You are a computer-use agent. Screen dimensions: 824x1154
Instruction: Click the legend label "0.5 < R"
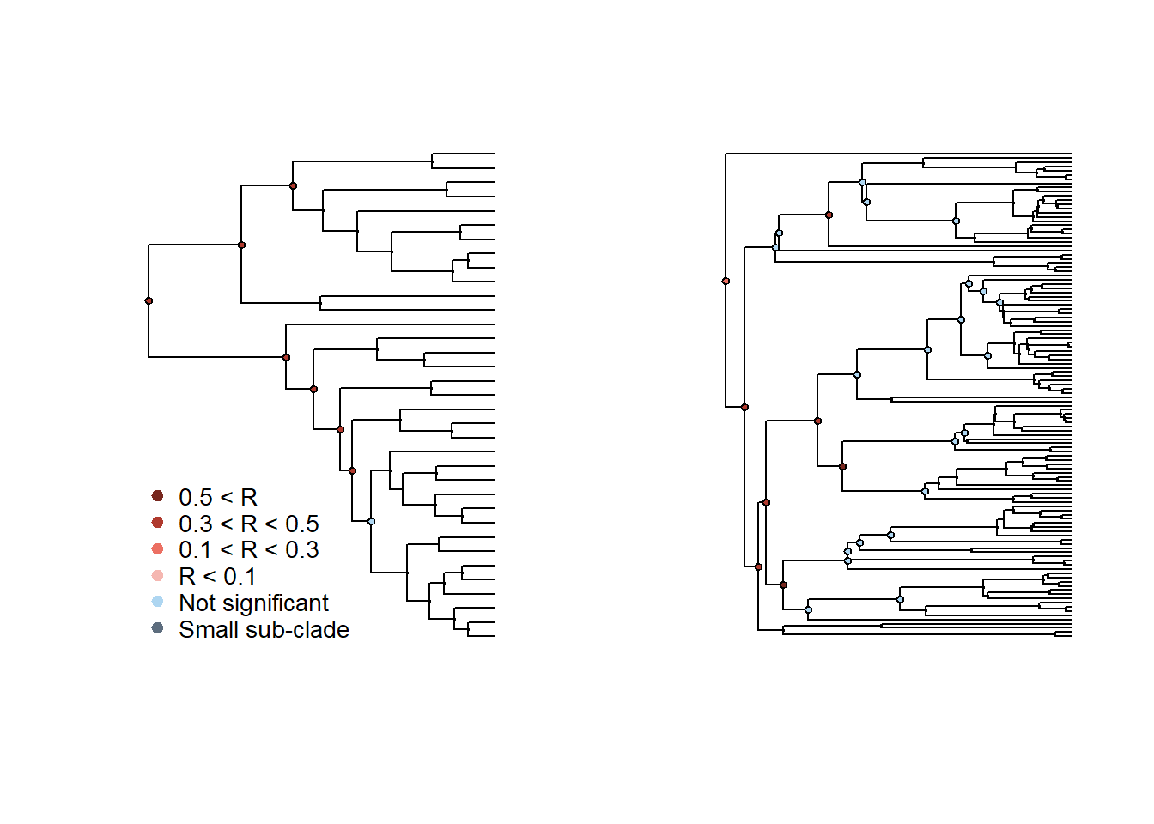click(218, 497)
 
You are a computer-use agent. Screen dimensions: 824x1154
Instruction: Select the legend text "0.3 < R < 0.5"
click(248, 524)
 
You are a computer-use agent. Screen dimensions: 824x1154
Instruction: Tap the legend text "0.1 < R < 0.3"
click(248, 549)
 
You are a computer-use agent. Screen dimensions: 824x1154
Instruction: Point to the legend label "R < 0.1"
click(217, 576)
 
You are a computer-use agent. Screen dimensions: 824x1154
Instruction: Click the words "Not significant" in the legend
click(253, 603)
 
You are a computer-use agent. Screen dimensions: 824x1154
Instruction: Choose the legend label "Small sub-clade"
click(264, 629)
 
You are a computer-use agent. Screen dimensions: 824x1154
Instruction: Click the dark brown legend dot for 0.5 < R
click(157, 496)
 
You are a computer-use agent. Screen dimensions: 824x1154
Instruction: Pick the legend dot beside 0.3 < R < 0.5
click(157, 523)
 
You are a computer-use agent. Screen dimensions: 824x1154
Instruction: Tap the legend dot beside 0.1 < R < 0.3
click(157, 549)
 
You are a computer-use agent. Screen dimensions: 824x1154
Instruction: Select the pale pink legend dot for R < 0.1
click(157, 576)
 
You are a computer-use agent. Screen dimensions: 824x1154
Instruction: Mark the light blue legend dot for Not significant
click(157, 602)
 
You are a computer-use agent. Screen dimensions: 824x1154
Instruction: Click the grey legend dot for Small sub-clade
click(157, 628)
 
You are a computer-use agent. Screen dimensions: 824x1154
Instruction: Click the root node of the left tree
click(149, 300)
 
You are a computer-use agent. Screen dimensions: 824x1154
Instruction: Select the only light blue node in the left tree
click(371, 521)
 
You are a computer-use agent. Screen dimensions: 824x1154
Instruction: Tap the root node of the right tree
click(726, 281)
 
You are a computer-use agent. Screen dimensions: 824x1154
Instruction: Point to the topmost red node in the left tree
click(293, 185)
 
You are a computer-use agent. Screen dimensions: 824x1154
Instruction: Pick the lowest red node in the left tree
click(352, 470)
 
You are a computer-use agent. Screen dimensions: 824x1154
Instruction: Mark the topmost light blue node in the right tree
click(862, 182)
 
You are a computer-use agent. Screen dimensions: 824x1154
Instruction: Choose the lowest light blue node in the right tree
click(808, 609)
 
